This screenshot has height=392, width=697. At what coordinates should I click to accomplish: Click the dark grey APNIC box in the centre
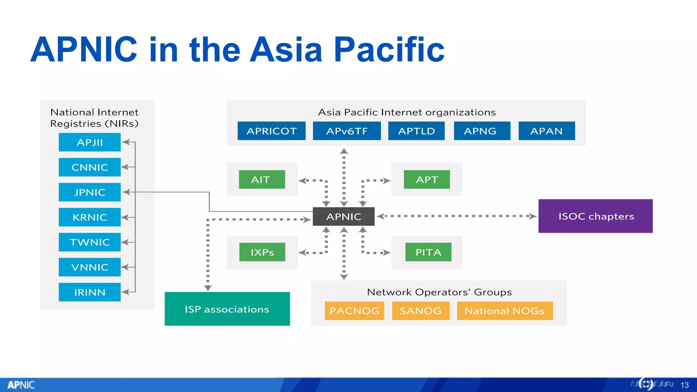point(343,216)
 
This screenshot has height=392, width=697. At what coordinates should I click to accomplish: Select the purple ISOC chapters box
point(595,216)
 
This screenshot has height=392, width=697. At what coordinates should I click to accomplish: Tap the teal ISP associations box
point(227,309)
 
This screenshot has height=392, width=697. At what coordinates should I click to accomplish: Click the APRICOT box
point(271,131)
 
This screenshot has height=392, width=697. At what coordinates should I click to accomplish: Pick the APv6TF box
point(346,131)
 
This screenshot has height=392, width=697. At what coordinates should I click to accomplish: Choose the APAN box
point(546,131)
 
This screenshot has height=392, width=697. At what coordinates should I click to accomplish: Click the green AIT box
point(262,179)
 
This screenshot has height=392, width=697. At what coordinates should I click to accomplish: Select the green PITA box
point(428,252)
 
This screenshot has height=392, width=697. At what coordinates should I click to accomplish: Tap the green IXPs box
point(262,252)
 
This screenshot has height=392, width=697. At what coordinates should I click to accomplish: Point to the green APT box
point(426,179)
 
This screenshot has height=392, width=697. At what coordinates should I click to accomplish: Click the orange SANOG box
point(420,311)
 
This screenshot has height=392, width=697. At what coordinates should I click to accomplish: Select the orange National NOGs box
point(504,311)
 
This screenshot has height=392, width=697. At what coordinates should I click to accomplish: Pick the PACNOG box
point(354,311)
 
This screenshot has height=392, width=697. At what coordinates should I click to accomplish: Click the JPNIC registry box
point(90,192)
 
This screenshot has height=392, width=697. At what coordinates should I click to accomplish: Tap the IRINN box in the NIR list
point(90,292)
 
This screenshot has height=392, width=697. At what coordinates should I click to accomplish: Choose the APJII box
point(90,142)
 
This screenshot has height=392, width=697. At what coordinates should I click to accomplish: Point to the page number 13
point(684,385)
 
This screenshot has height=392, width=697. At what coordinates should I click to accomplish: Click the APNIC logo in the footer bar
point(21,385)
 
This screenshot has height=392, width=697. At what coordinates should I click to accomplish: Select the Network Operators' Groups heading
point(439,292)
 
